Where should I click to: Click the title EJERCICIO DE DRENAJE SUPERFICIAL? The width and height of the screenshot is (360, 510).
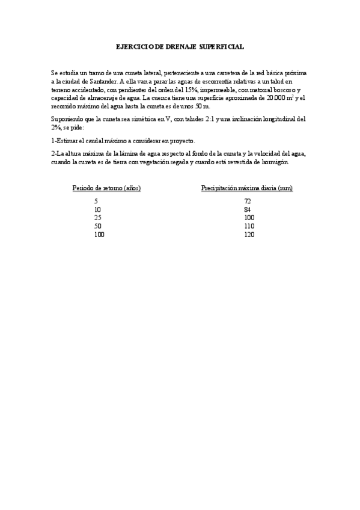tap(180, 46)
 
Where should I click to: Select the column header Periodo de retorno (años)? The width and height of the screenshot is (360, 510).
tap(106, 188)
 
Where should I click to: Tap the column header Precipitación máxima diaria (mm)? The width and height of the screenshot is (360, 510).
tap(246, 188)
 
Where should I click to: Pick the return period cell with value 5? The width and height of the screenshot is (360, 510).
tap(96, 201)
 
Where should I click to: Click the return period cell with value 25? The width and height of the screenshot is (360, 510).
tap(98, 217)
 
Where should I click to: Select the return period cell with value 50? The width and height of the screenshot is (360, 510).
tap(98, 226)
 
